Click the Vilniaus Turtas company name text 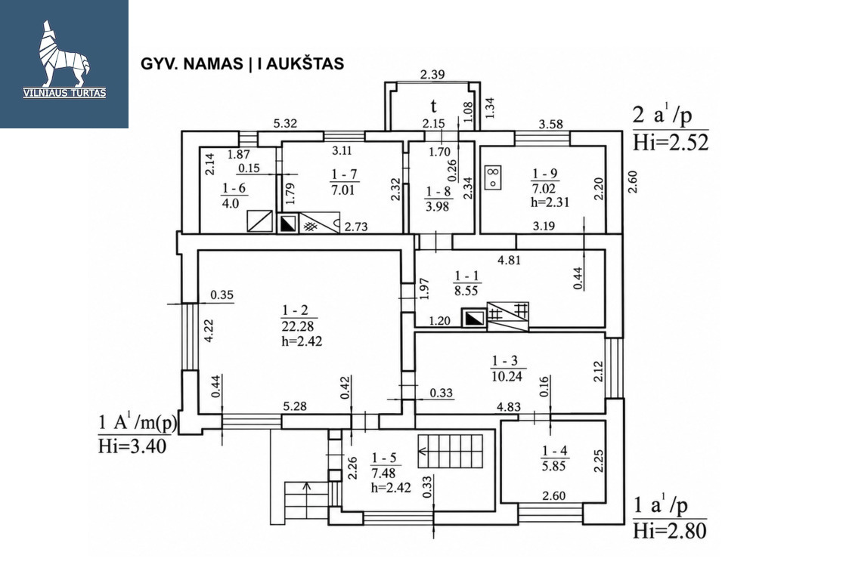(64, 93)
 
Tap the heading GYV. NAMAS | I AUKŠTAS (242, 63)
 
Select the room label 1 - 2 (295, 310)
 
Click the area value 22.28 (297, 327)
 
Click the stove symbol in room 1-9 (494, 177)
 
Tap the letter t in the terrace (433, 106)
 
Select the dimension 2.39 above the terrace (432, 74)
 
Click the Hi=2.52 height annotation (671, 142)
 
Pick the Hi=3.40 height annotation (132, 446)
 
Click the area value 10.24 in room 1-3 (507, 376)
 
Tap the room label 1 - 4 (555, 451)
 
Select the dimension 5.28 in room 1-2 (295, 406)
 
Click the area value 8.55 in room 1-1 (466, 290)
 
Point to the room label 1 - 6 (234, 188)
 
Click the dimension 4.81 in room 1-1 (509, 260)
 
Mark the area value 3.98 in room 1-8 (437, 206)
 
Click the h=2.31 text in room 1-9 (550, 202)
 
